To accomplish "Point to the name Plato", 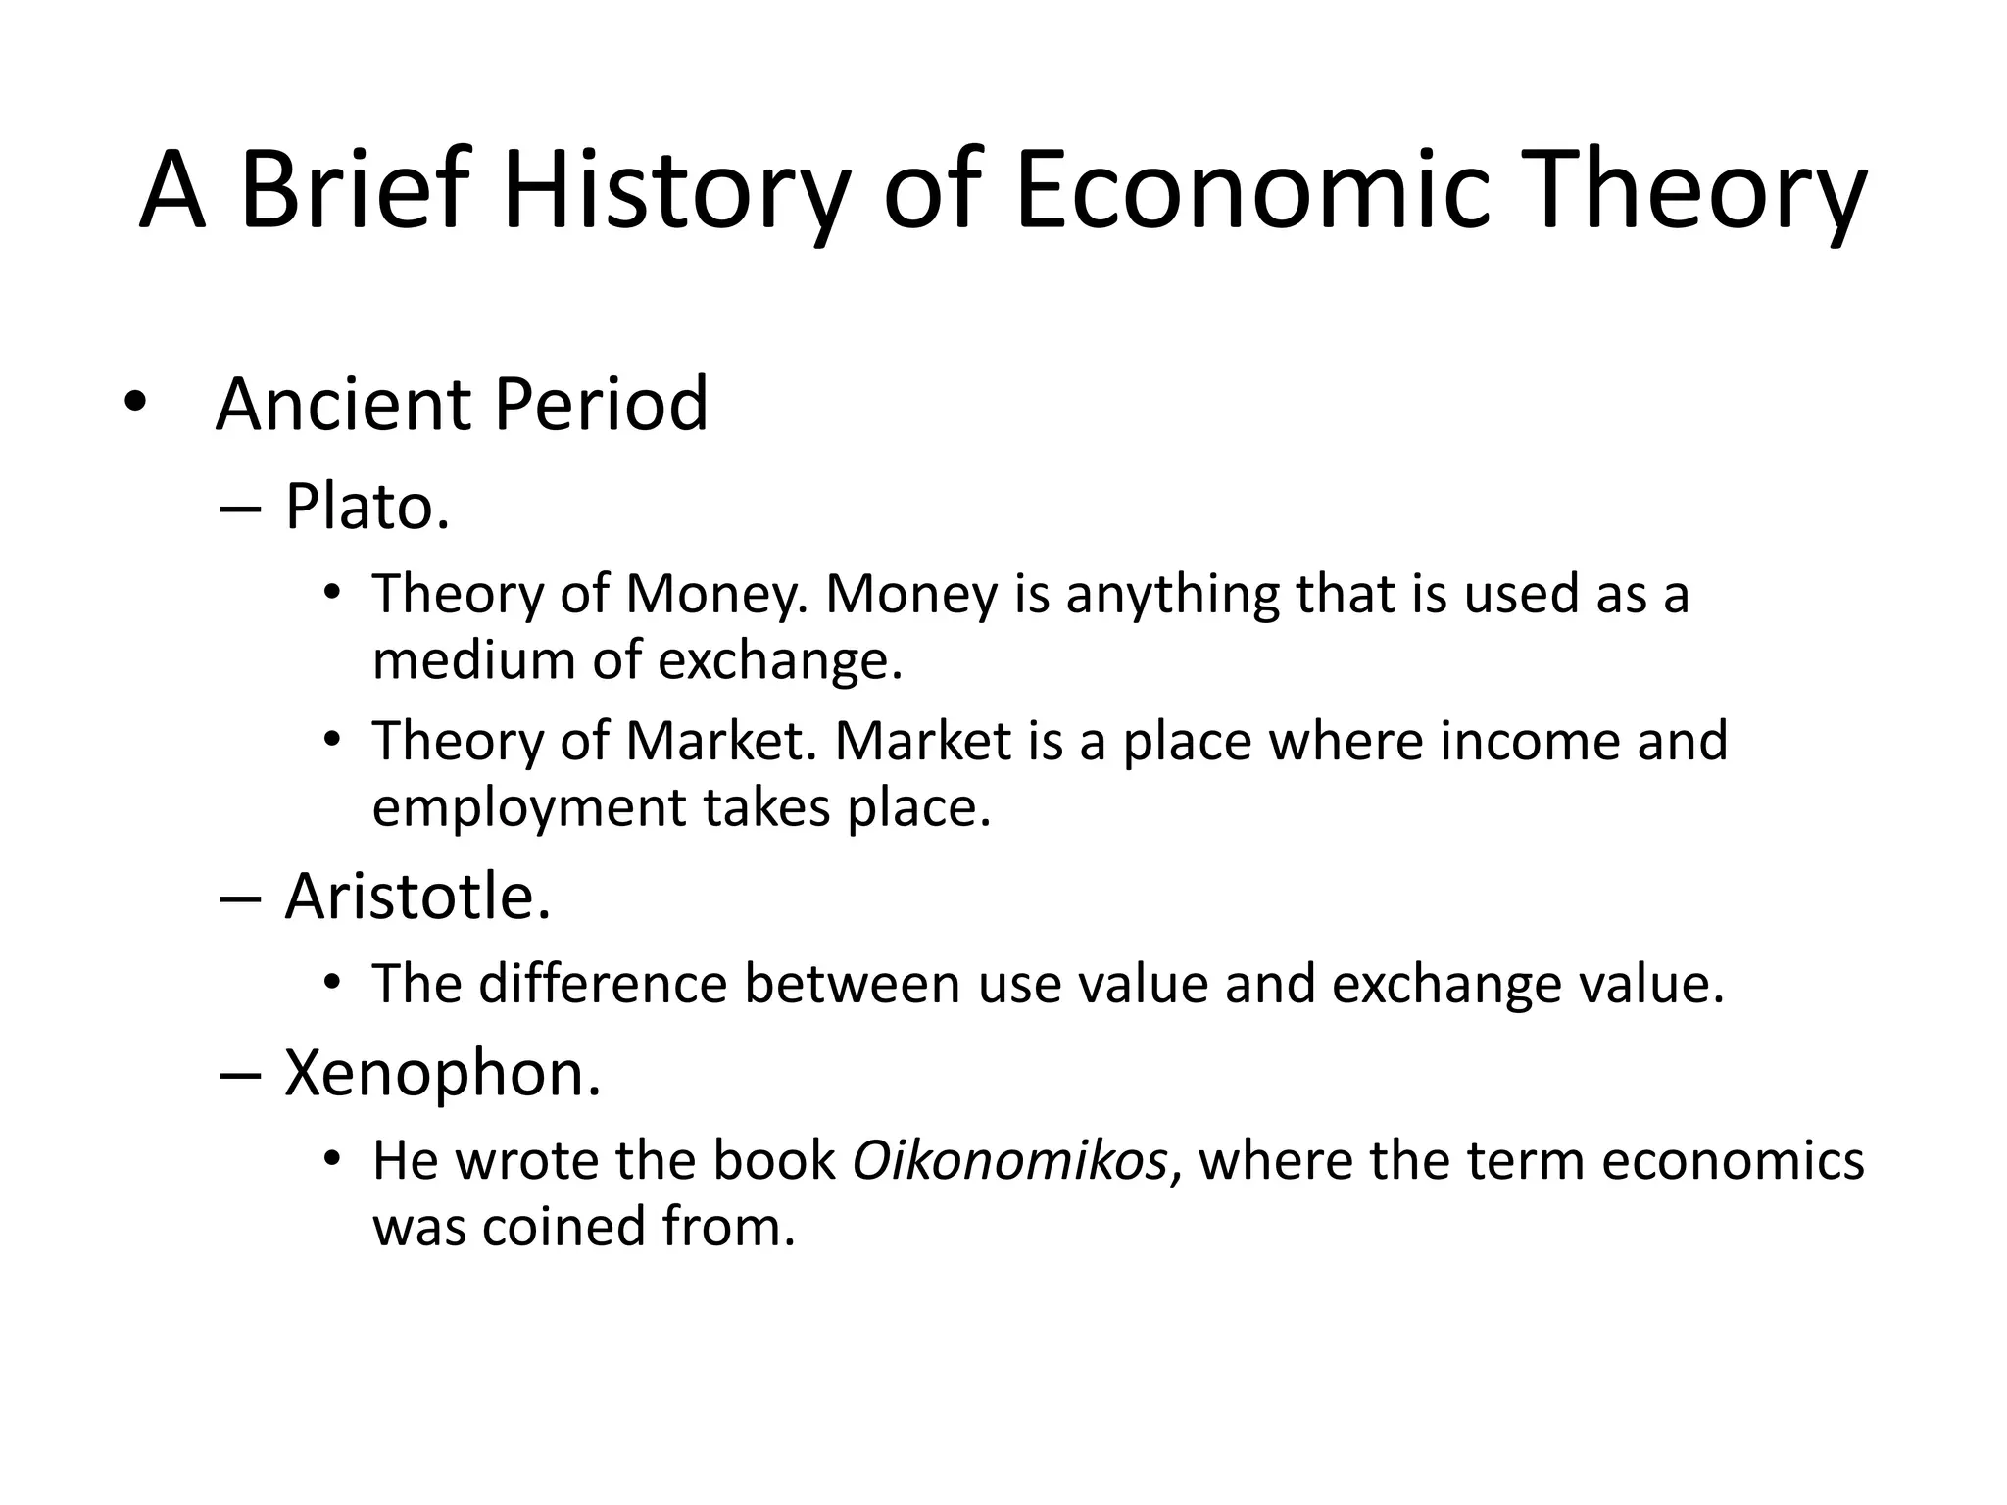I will tap(367, 508).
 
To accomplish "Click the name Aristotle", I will tap(417, 897).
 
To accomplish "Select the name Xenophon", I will tap(442, 1073).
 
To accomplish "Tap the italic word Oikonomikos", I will tap(1010, 1161).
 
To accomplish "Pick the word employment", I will tap(528, 808).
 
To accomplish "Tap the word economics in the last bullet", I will tap(1733, 1161).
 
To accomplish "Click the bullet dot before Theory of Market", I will tap(332, 739).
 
